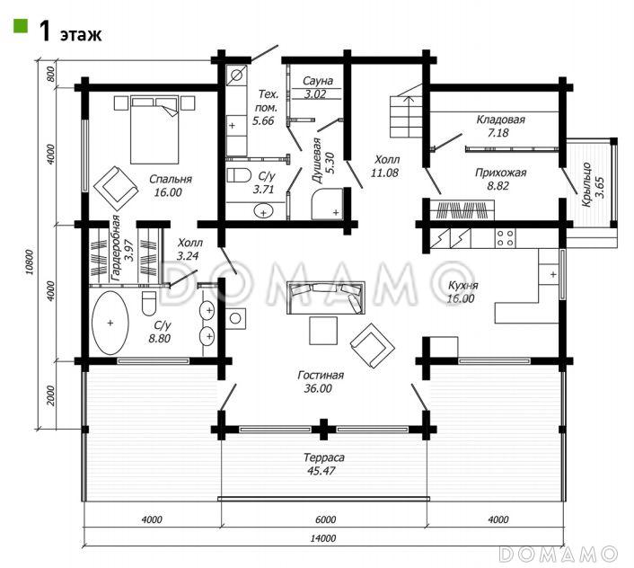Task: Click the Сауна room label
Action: click(318, 81)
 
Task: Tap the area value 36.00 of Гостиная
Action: click(318, 388)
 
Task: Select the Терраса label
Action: click(324, 457)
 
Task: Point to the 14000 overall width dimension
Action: click(323, 538)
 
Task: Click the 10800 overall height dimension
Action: click(29, 262)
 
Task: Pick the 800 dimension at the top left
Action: click(50, 74)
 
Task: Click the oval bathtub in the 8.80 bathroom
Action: click(110, 323)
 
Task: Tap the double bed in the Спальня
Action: click(154, 129)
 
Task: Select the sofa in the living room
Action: click(326, 297)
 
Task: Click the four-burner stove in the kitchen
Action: click(506, 238)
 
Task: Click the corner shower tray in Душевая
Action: click(327, 203)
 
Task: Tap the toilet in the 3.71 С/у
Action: click(239, 175)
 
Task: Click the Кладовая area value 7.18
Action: click(498, 133)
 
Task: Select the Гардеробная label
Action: click(115, 248)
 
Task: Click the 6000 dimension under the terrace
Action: click(324, 519)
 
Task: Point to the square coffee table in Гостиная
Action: click(323, 331)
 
